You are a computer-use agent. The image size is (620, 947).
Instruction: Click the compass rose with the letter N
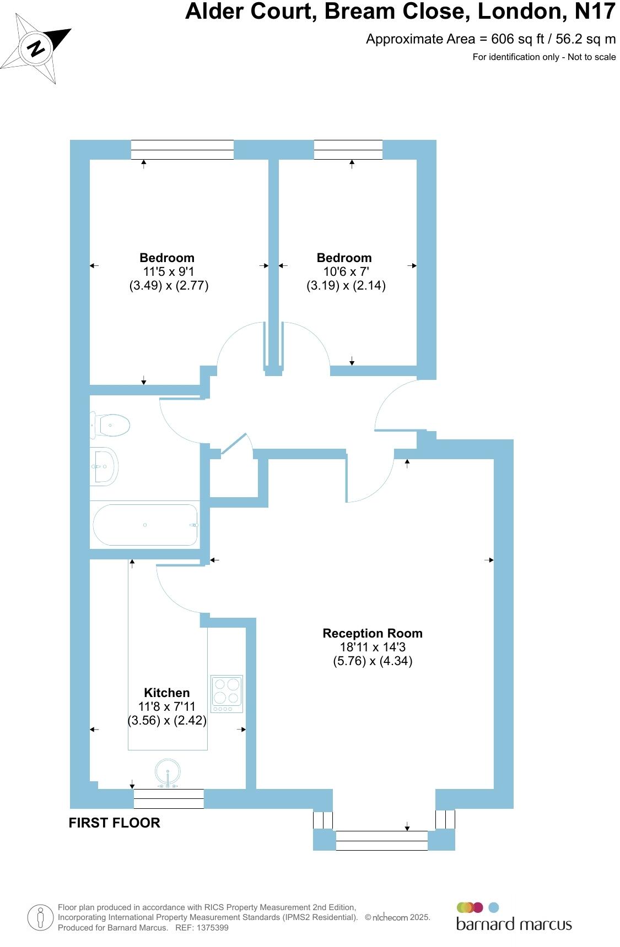click(36, 48)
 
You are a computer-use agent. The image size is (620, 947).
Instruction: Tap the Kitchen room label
click(166, 693)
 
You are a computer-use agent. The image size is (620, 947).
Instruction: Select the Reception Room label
click(373, 633)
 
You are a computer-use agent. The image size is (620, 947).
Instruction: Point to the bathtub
click(145, 525)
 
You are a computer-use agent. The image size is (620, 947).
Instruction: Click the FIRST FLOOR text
click(114, 823)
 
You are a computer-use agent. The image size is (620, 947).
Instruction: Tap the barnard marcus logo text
click(514, 924)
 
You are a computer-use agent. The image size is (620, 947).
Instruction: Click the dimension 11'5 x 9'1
click(168, 271)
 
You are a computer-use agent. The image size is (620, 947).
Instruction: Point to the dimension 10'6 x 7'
click(346, 271)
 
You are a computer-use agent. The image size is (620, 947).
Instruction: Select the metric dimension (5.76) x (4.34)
click(373, 661)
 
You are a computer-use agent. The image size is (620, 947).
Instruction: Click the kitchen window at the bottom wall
click(169, 798)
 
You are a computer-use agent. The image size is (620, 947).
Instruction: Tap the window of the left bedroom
click(182, 150)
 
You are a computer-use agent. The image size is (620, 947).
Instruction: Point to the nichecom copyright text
click(397, 917)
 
